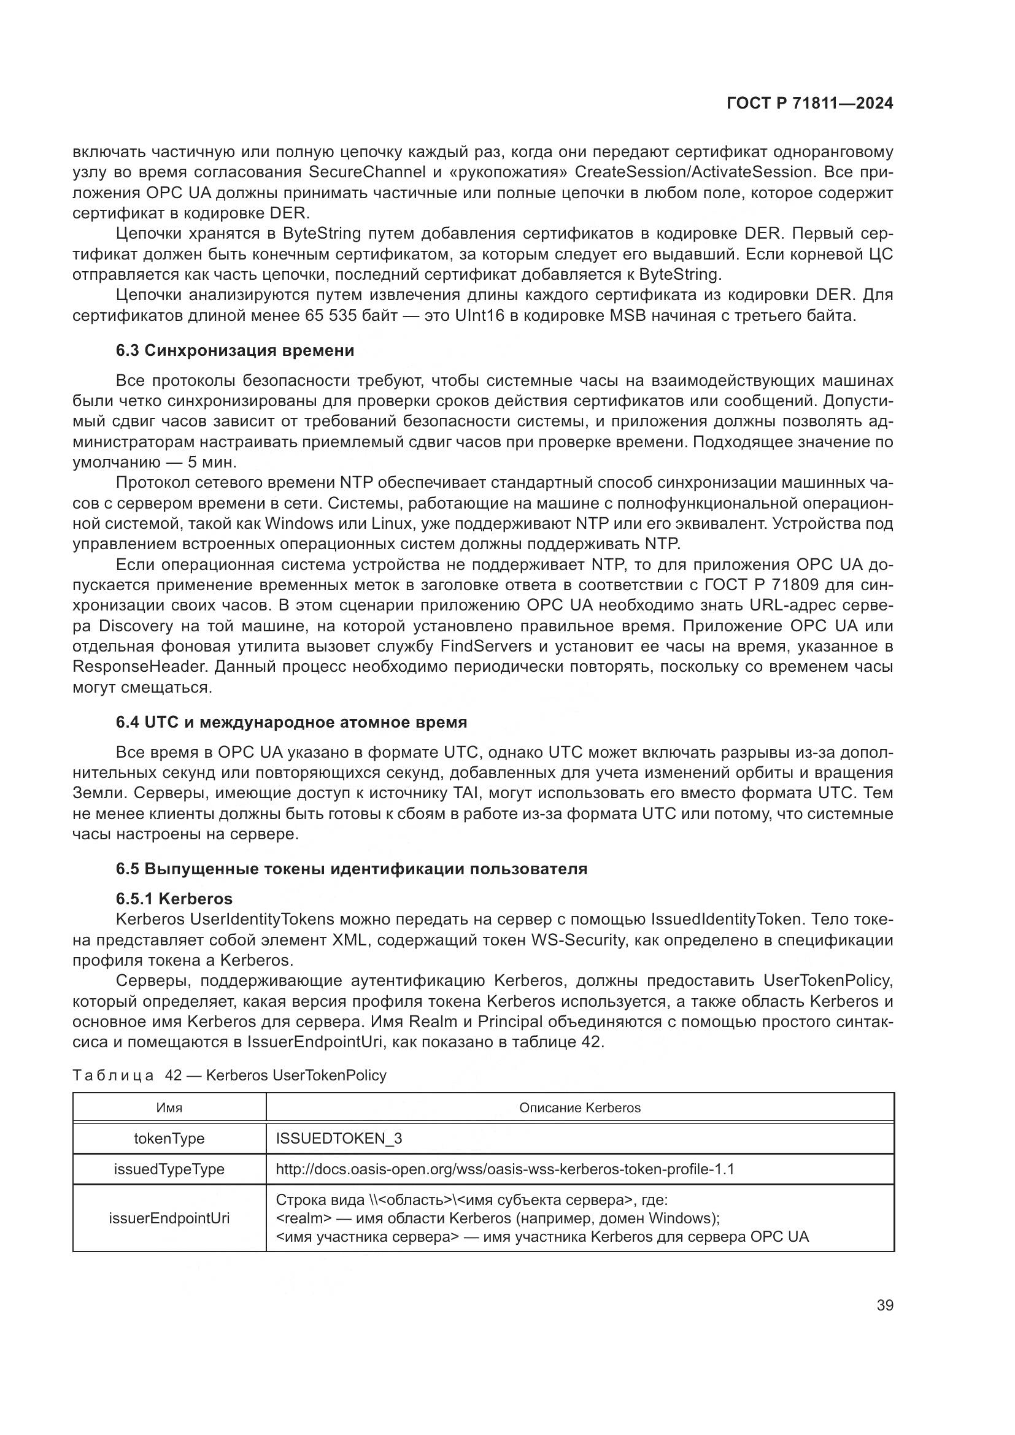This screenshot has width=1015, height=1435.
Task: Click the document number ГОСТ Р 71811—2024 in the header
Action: pos(809,104)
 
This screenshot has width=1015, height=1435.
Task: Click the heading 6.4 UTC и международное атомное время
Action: pos(291,723)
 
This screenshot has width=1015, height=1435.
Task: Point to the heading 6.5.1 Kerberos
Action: pos(174,899)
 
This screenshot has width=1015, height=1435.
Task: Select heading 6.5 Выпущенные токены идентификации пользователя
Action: pos(351,869)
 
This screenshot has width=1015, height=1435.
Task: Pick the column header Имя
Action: pos(169,1107)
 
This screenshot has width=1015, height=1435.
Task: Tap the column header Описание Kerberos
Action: pos(579,1107)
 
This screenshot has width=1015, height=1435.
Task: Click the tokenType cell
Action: pos(169,1138)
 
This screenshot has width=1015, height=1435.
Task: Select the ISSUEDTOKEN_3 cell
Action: pos(339,1138)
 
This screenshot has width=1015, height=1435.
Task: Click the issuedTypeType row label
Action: pos(169,1169)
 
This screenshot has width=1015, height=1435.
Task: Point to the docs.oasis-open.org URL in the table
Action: pos(504,1169)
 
